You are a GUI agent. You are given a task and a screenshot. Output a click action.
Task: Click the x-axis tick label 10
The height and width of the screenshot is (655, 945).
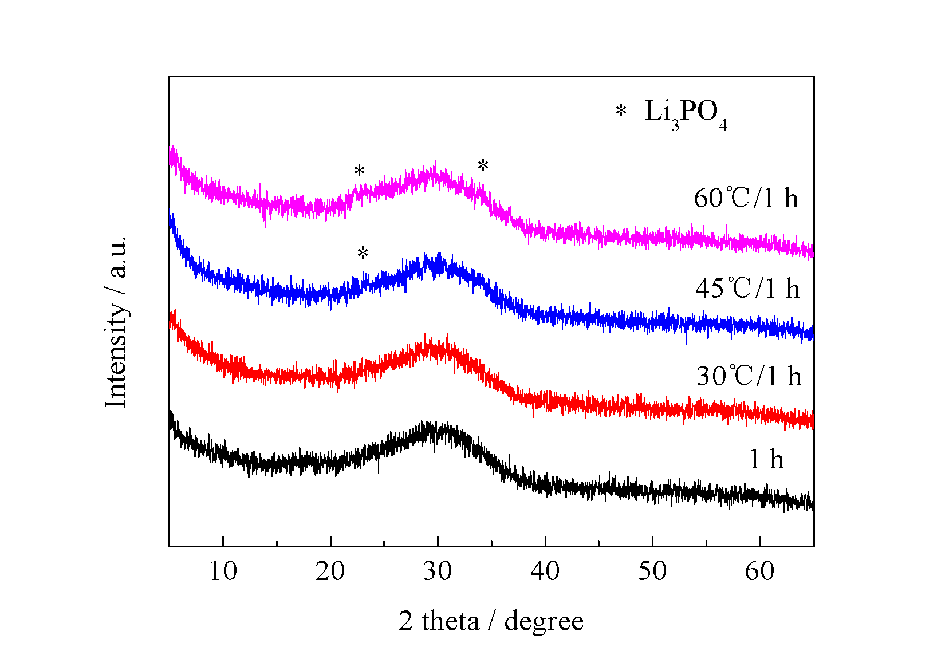223,571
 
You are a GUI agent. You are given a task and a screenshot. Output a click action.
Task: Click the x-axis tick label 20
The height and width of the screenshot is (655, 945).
330,571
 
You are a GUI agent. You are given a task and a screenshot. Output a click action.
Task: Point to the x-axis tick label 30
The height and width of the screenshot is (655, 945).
438,571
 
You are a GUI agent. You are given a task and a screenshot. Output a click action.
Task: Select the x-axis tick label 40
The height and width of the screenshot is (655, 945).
545,571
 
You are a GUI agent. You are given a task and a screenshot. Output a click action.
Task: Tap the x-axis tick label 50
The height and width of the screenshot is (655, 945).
652,571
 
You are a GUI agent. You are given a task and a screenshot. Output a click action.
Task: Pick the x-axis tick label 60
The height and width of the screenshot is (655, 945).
759,571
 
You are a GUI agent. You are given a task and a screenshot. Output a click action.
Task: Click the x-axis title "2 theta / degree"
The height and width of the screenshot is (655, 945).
491,621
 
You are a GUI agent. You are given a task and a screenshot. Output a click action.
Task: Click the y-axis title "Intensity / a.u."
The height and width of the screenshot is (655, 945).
116,322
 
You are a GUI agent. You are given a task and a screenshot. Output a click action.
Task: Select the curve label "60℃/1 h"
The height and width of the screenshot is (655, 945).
746,199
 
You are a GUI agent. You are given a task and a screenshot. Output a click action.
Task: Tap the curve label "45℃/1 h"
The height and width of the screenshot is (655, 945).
747,288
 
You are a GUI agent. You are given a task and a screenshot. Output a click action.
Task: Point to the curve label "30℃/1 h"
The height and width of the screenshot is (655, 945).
749,376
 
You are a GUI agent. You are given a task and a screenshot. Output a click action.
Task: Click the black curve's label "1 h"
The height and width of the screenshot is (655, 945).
766,459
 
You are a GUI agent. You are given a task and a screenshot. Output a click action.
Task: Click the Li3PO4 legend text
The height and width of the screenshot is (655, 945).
686,113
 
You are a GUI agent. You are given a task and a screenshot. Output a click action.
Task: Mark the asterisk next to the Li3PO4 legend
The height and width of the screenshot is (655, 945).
621,112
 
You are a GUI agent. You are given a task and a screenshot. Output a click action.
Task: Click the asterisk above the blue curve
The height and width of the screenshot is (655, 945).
363,254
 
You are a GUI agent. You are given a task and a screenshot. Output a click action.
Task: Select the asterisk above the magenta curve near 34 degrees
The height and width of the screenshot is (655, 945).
483,167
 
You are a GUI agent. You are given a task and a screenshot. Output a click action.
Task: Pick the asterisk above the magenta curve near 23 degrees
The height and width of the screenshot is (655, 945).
359,171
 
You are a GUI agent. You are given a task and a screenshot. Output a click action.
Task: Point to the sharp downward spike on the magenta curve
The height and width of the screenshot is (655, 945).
265,220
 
